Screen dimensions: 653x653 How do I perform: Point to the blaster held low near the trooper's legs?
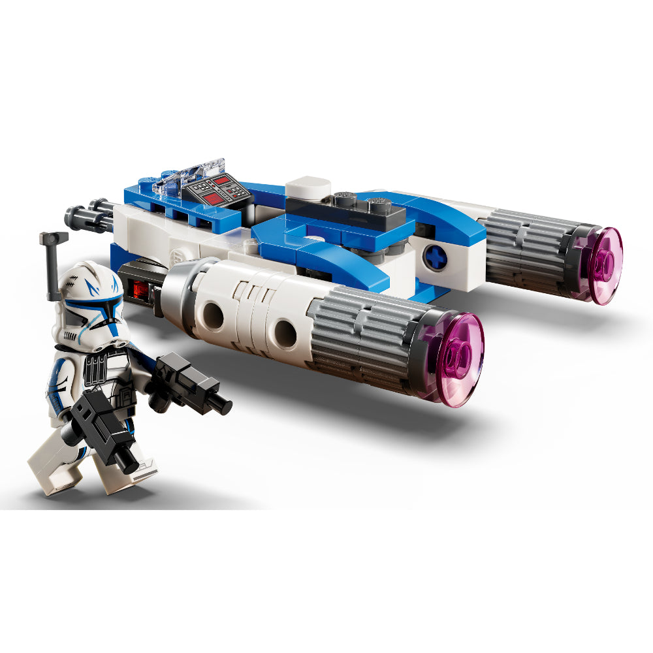(104, 431)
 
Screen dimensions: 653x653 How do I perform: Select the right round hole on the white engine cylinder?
(285, 333)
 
